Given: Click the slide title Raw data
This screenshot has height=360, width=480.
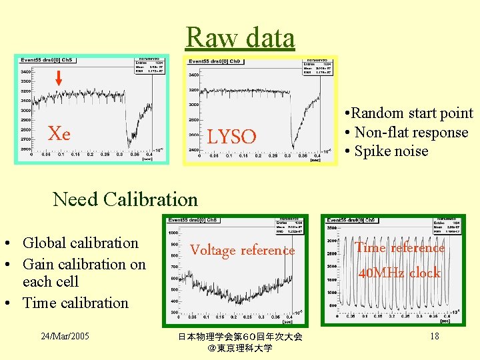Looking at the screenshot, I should coord(240,37).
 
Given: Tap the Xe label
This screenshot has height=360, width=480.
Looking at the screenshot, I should coord(59,134).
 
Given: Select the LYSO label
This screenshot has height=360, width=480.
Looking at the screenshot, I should coord(231,137).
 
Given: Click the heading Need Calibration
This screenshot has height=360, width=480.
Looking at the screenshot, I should coord(125,199).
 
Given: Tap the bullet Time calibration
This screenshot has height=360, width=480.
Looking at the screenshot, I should coord(75,303).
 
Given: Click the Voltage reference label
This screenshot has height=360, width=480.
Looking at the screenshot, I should coord(242,251).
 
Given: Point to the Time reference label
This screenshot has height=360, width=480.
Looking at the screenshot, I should coord(399,248).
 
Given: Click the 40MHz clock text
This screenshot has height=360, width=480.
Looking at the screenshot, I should coord(399,273).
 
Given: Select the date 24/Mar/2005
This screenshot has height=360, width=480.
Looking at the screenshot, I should coord(65,336).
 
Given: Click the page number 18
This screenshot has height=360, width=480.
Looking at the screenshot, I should coord(434,336).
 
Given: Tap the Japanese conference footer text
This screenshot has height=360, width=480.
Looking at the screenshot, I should coord(240,342).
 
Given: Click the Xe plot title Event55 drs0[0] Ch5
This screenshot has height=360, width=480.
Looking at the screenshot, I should coord(45,60).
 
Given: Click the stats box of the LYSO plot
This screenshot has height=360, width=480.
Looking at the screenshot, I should coord(319,65).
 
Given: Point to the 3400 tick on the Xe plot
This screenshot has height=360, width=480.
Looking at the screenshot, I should coord(25,71).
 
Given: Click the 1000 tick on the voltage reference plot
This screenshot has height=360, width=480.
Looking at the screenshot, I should coord(172,233).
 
